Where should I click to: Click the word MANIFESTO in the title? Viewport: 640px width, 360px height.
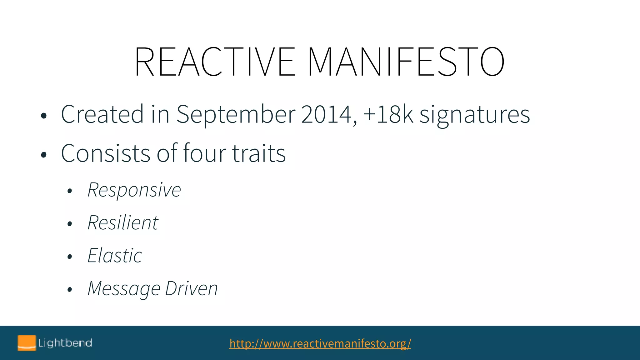click(406, 62)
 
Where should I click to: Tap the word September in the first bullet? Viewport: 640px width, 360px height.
click(236, 114)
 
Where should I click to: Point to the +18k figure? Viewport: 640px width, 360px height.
click(388, 114)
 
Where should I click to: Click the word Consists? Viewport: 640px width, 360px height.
click(106, 153)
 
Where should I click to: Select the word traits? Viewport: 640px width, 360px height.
click(259, 153)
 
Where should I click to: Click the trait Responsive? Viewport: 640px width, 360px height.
click(134, 190)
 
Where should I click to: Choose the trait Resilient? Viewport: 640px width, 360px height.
click(123, 223)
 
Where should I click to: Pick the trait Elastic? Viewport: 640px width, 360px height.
click(115, 256)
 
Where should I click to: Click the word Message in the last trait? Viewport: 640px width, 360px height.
click(124, 289)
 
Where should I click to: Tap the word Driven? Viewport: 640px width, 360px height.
click(191, 289)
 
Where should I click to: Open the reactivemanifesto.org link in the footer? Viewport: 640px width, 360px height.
click(320, 343)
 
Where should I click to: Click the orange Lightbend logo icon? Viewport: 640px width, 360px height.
click(27, 343)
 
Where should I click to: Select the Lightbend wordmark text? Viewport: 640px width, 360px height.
click(65, 343)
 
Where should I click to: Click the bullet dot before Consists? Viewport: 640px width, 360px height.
click(44, 154)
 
